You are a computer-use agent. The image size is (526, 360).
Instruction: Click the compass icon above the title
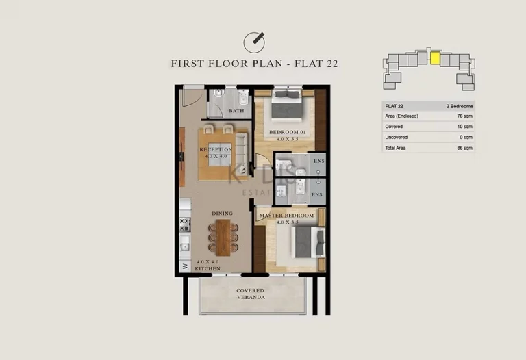[255, 40]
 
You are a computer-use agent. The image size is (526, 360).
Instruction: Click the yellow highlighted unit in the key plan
[434, 58]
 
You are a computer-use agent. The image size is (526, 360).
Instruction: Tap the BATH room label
[236, 111]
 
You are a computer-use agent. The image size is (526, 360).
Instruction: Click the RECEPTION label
[215, 149]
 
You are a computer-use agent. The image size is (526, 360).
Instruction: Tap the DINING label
[222, 214]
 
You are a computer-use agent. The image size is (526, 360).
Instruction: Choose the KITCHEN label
[208, 269]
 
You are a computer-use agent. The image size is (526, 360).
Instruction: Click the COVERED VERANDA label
[250, 294]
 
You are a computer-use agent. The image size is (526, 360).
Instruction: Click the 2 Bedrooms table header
[460, 106]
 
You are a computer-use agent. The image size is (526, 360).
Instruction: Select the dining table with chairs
[223, 237]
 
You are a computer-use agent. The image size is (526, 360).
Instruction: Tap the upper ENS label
[318, 162]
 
